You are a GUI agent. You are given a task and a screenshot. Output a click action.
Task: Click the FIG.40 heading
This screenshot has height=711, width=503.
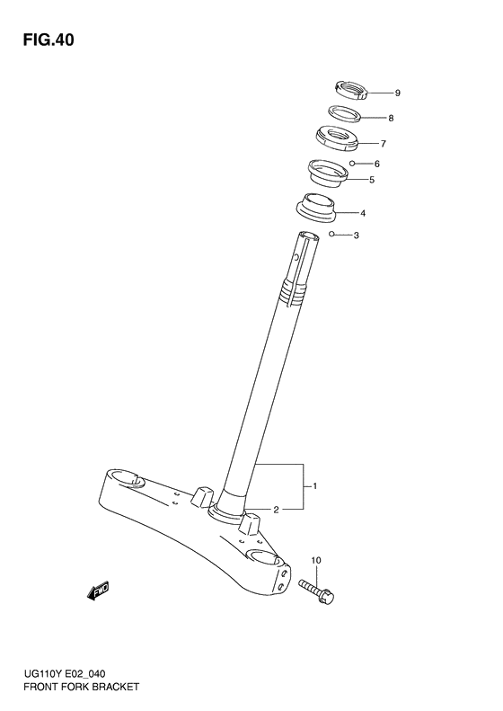tap(49, 40)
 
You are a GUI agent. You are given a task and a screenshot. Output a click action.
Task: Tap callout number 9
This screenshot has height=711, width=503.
tap(397, 93)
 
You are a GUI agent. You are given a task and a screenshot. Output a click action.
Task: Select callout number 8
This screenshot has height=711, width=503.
tap(391, 118)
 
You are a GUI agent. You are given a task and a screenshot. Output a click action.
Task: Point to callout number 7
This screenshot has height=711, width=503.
tap(384, 144)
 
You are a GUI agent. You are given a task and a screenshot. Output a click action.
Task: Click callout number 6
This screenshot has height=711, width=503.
tap(377, 164)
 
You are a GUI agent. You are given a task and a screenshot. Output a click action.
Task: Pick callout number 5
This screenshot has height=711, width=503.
tap(372, 180)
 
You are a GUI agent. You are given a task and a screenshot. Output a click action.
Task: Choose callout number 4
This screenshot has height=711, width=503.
tap(363, 213)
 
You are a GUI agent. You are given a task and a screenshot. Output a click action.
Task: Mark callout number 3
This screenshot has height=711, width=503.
tap(357, 236)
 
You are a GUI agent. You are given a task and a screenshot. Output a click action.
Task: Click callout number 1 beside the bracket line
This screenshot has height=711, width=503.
tap(315, 486)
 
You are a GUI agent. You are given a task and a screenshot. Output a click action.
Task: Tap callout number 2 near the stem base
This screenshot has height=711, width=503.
tap(276, 510)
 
